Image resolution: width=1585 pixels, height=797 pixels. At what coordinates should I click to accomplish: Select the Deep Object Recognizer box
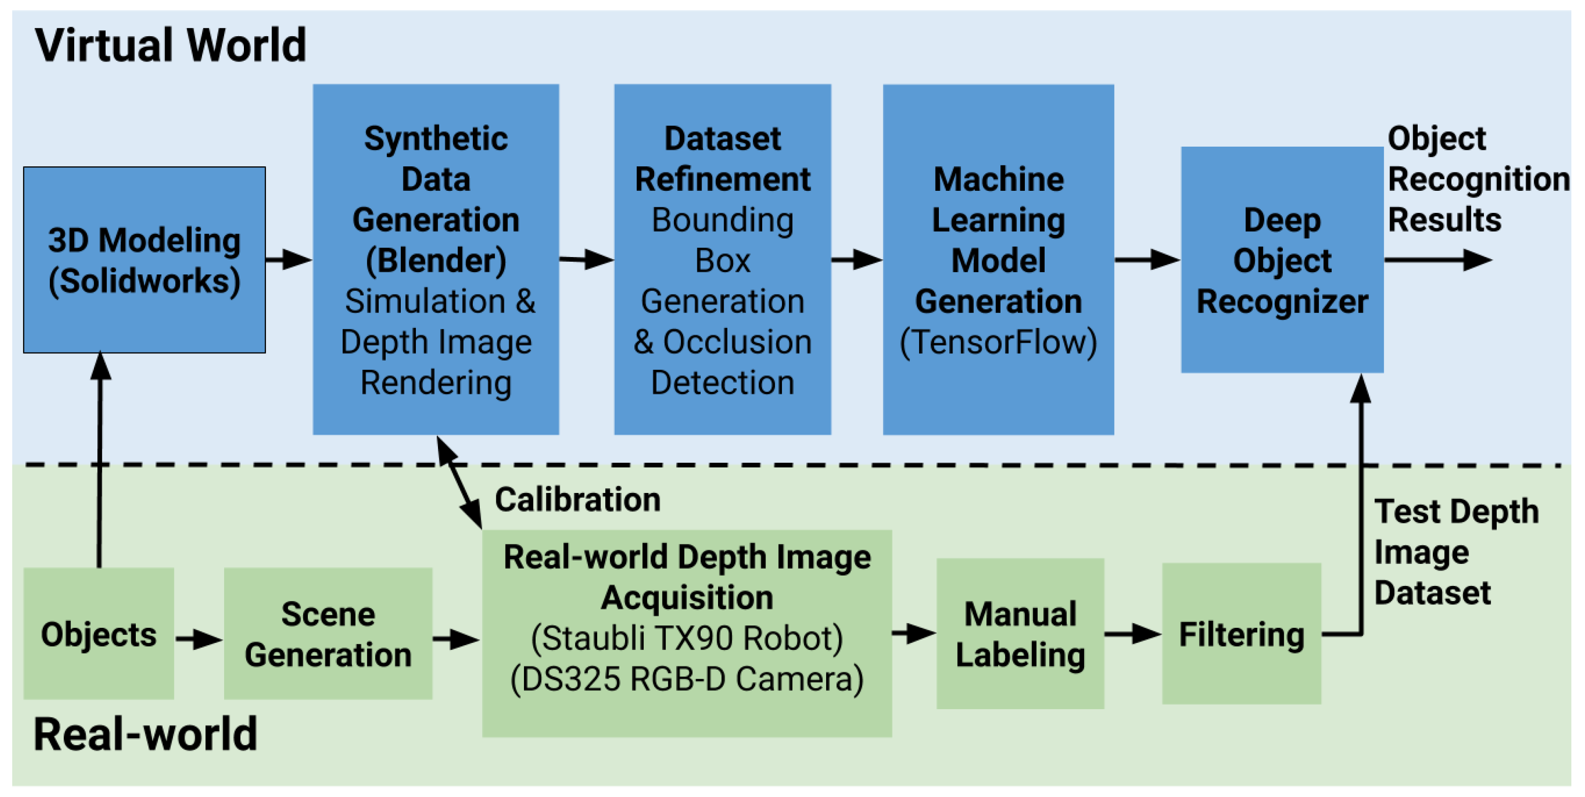coord(1282,260)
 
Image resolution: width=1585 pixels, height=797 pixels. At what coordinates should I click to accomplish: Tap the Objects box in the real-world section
coord(99,633)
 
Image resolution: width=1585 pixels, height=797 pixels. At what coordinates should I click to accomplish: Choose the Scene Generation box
coord(328,633)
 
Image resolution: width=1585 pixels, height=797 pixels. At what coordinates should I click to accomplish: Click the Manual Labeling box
coord(1020,633)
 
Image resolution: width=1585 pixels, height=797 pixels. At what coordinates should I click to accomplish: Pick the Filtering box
coord(1241,633)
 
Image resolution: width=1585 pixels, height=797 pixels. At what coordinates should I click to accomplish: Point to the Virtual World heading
coord(171,46)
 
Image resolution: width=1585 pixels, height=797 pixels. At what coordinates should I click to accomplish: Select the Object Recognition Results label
coord(1478,179)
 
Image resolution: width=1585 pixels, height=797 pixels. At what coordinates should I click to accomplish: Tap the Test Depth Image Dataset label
coord(1456,552)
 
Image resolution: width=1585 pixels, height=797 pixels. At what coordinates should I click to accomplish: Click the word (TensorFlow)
coord(998,342)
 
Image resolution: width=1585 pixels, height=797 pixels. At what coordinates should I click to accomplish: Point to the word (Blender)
coord(436,261)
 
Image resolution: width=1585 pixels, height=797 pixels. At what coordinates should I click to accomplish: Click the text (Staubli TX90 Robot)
coord(687,638)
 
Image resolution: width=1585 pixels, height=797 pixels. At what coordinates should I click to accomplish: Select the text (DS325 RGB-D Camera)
coord(687,680)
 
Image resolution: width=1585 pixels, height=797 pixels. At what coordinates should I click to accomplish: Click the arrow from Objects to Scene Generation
coord(199,638)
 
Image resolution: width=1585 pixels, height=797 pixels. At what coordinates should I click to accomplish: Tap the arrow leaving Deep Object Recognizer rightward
coord(1438,260)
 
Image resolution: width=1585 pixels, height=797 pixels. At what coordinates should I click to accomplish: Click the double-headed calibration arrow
coord(459,483)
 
